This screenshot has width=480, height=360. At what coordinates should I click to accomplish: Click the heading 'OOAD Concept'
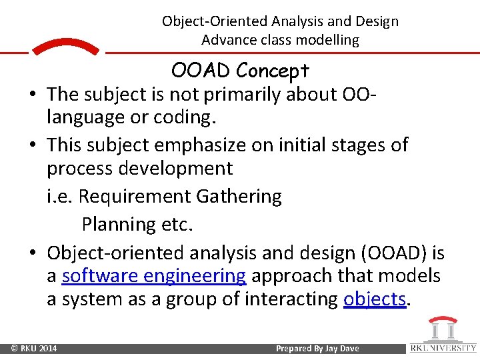point(240,70)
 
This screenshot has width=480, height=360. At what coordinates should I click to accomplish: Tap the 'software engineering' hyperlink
point(154,275)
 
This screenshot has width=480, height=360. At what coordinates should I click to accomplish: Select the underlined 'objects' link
point(375,299)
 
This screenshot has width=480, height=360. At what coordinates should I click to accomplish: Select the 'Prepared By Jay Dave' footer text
point(317,349)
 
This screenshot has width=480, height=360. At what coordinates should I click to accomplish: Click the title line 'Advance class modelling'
point(280,40)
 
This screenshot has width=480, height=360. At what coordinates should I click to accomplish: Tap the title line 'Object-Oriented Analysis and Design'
point(280,21)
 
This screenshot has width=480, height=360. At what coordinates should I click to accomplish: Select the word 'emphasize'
point(207,145)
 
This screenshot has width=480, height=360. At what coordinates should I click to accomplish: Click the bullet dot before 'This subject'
point(33,145)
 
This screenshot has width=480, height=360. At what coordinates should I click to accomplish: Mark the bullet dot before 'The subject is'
point(33,95)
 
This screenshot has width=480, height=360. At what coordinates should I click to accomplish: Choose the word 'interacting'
point(291,299)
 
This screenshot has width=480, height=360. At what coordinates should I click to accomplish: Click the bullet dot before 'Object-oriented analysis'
point(33,254)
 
